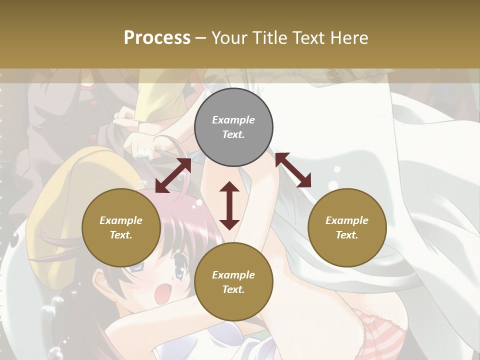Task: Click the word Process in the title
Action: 157,38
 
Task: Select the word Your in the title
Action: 230,38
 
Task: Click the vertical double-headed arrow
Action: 229,205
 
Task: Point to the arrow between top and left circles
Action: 173,175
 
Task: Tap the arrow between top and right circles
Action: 293,170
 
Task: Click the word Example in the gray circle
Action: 233,120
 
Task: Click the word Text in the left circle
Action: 121,235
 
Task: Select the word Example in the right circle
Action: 347,220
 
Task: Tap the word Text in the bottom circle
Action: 233,289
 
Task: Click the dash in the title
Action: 200,38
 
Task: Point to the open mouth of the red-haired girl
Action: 161,293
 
